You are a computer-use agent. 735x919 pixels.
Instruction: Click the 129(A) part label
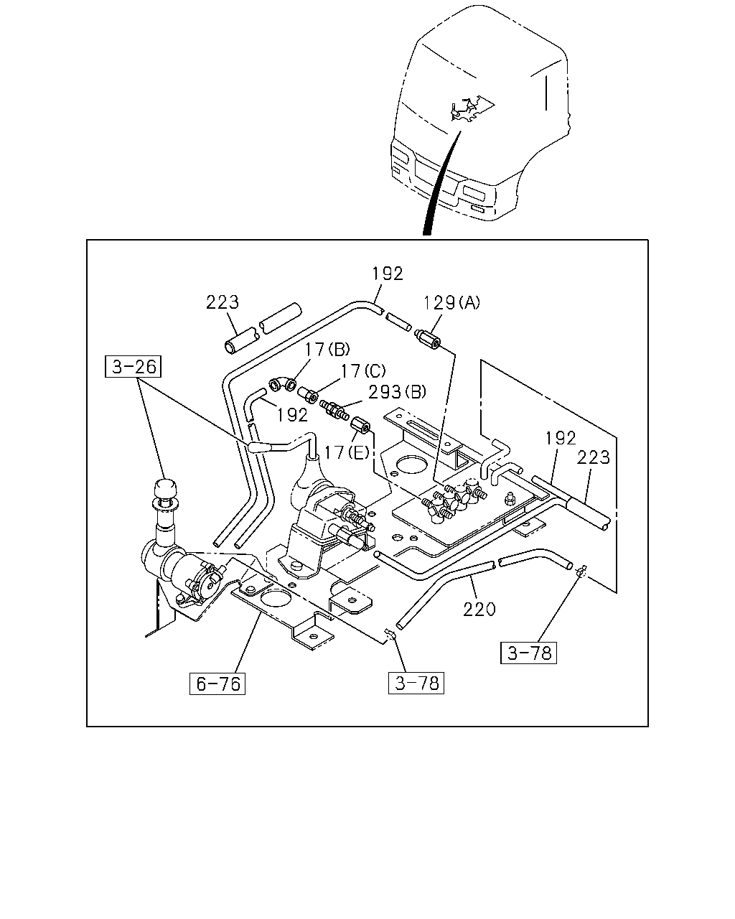[451, 303]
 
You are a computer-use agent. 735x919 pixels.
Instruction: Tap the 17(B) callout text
[327, 349]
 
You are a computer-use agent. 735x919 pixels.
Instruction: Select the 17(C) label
[362, 370]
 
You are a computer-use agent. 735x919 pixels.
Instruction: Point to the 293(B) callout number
[397, 391]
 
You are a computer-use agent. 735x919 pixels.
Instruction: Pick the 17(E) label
[347, 452]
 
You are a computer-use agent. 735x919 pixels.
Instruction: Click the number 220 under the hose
[479, 610]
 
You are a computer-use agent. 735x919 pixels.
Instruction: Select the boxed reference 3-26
[134, 366]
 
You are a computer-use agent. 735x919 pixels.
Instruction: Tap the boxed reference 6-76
[217, 684]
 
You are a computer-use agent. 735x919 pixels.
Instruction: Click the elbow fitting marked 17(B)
[282, 384]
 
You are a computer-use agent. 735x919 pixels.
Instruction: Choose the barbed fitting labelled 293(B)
[334, 410]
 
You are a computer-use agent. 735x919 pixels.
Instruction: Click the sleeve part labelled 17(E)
[360, 426]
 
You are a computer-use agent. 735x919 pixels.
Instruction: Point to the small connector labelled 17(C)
[307, 394]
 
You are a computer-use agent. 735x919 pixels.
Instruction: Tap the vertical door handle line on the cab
[546, 93]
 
